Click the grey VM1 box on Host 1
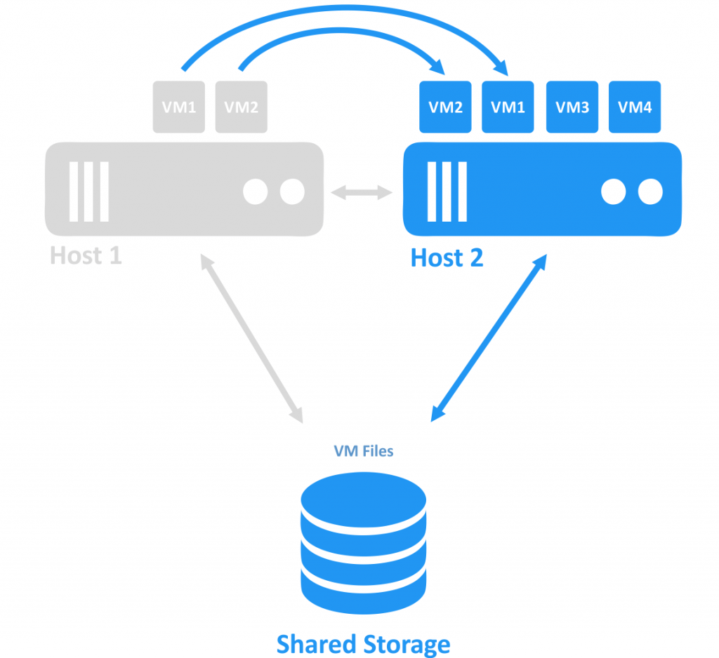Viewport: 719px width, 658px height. [x=180, y=107]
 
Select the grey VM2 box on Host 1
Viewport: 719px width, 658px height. [x=241, y=107]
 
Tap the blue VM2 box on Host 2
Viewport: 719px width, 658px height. [x=445, y=107]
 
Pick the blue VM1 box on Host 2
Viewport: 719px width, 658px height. [x=508, y=107]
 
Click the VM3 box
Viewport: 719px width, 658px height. [x=572, y=107]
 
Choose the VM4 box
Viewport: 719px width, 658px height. [x=634, y=107]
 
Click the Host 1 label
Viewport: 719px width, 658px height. [x=86, y=256]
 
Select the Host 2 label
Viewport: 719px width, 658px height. [x=447, y=258]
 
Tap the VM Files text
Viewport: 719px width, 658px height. [x=363, y=451]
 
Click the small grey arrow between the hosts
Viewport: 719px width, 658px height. [x=362, y=192]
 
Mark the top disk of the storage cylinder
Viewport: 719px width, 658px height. [x=363, y=495]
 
